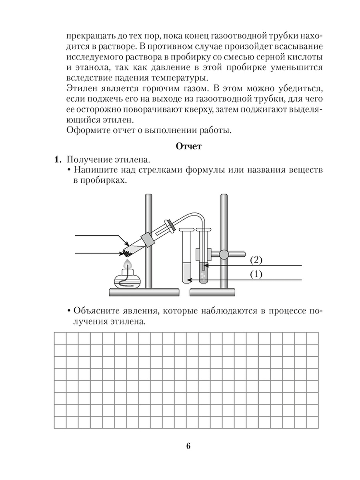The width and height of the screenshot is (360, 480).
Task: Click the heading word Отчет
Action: [x=188, y=147]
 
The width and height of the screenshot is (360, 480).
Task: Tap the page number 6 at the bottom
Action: [x=188, y=446]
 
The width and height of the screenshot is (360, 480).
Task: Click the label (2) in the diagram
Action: [x=256, y=260]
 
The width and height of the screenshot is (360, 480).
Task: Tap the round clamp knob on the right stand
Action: [x=223, y=254]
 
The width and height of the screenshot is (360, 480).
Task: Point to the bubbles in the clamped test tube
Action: [x=204, y=276]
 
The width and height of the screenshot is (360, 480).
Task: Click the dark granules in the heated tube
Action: [x=128, y=253]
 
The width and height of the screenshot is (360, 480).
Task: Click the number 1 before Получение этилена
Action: [x=57, y=160]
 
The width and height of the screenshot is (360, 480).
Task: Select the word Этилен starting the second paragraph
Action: [x=79, y=88]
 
